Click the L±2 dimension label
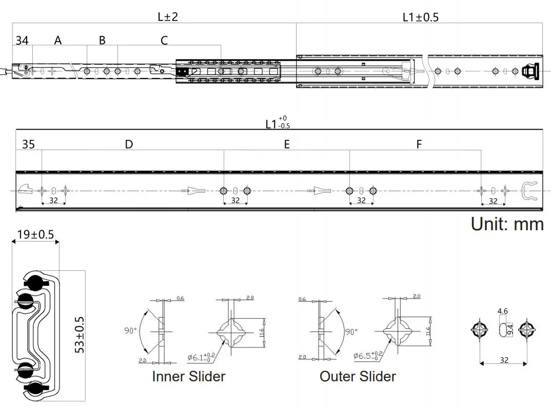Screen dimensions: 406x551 [x=168, y=16]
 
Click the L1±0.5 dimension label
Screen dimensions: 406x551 [x=420, y=17]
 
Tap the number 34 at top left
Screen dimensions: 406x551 [x=22, y=40]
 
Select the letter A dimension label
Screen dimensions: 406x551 [x=58, y=40]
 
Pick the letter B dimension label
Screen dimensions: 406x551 [x=102, y=40]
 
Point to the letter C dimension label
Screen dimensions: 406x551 [x=164, y=40]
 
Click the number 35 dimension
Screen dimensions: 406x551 [x=28, y=144]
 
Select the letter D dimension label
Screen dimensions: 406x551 [x=129, y=144]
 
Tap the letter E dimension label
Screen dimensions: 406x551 [x=287, y=144]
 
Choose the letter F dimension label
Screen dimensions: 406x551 [x=419, y=144]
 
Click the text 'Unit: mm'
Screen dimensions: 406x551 [x=507, y=224]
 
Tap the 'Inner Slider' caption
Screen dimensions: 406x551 [x=188, y=376]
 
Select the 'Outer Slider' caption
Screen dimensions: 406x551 [x=358, y=376]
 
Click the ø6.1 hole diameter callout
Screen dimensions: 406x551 [x=201, y=356]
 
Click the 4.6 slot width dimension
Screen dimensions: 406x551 [x=503, y=311]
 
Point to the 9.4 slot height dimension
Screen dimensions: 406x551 [x=510, y=329]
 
